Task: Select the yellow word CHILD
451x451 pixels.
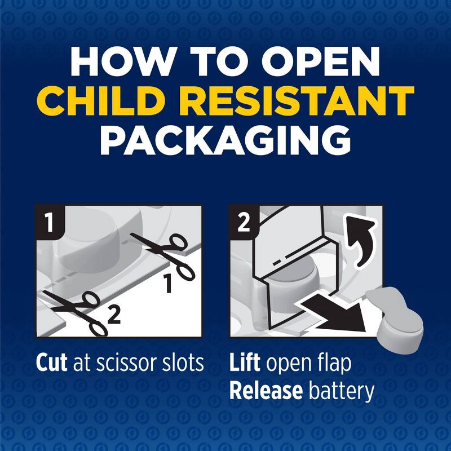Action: click(98, 101)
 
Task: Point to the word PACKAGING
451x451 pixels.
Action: click(225, 140)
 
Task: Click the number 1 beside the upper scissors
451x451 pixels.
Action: click(168, 284)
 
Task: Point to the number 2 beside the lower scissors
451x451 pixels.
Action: click(114, 315)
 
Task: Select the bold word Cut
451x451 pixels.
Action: click(51, 363)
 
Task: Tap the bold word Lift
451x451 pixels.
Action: click(245, 363)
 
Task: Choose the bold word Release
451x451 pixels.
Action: click(266, 391)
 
